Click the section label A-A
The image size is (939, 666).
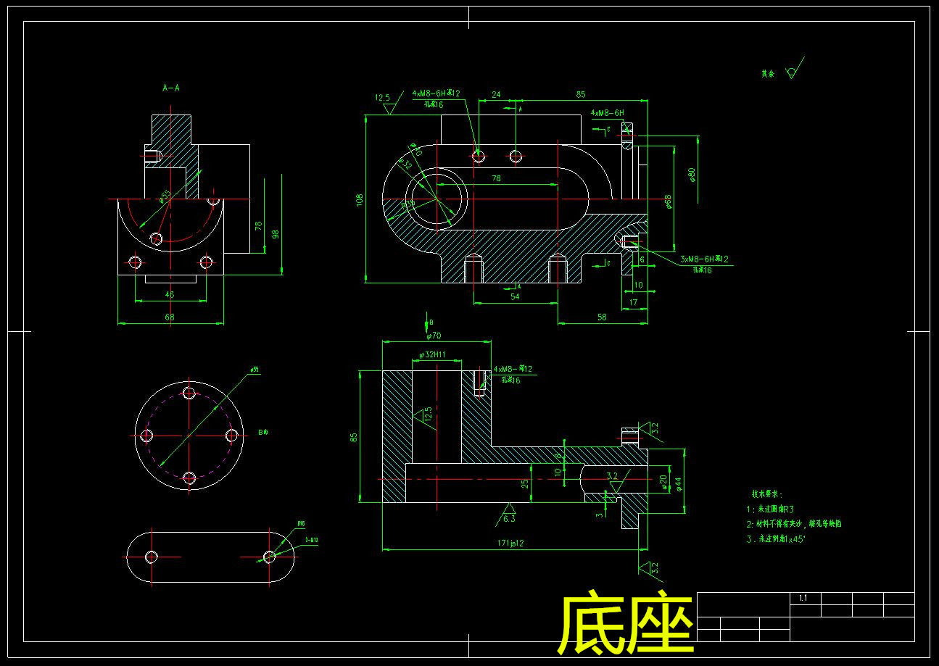[171, 88]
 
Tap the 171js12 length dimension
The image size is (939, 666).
[510, 542]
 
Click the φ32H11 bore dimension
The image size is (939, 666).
[432, 355]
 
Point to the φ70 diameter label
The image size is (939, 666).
[434, 336]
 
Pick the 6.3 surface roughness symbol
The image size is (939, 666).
[508, 515]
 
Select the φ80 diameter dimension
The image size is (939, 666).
[693, 175]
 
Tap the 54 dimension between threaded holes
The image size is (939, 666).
[516, 296]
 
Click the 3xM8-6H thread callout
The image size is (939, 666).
[704, 259]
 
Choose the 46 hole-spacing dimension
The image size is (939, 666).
[170, 295]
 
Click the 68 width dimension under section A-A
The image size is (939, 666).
[170, 317]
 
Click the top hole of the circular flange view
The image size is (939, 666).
[189, 394]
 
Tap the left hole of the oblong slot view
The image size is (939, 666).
[152, 557]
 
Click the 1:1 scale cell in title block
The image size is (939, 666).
[803, 598]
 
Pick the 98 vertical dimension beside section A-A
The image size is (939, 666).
[276, 233]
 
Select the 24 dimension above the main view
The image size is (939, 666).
[496, 94]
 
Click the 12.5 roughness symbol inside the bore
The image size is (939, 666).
[426, 416]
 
